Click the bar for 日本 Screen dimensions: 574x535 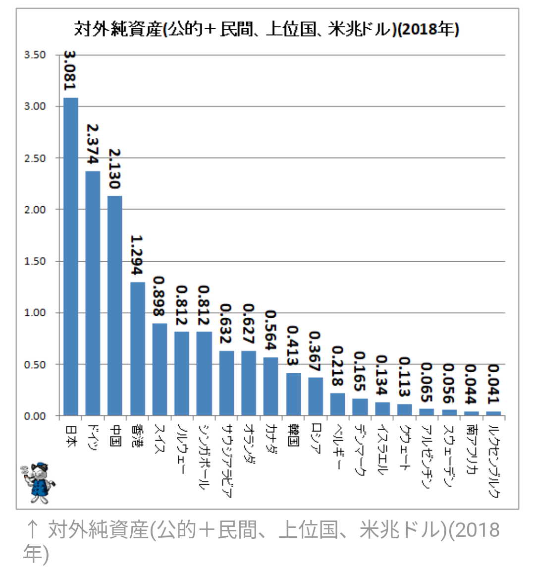[x=71, y=256]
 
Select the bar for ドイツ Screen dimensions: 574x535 [x=93, y=293]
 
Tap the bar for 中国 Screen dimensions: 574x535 [x=114, y=305]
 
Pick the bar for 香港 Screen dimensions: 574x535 [x=137, y=348]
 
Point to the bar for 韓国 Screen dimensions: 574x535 [x=293, y=394]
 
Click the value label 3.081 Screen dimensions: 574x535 [x=70, y=70]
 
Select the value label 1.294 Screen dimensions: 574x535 [x=137, y=255]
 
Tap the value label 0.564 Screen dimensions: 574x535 [x=271, y=330]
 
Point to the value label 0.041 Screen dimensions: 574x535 [x=494, y=384]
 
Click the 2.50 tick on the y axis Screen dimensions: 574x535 [x=35, y=158]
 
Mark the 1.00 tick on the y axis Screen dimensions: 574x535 [x=35, y=313]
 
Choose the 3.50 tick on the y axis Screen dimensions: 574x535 [x=35, y=55]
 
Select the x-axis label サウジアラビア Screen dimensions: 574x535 [x=226, y=460]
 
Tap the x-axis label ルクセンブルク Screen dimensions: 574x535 [x=494, y=461]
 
